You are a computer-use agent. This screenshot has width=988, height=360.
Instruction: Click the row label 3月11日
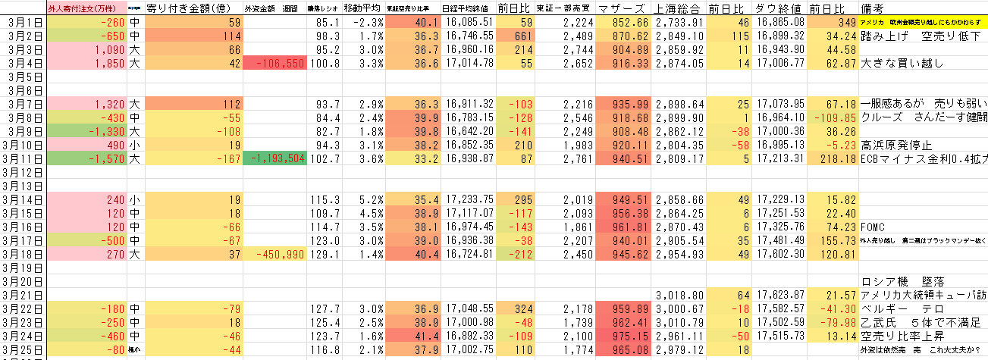click(x=24, y=158)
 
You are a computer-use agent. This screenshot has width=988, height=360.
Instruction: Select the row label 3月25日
click(x=24, y=349)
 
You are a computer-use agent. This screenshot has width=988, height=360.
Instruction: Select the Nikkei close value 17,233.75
click(x=467, y=199)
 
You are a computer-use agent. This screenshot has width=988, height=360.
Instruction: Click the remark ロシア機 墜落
click(x=902, y=281)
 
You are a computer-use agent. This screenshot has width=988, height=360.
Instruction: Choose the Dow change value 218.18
click(x=835, y=158)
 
